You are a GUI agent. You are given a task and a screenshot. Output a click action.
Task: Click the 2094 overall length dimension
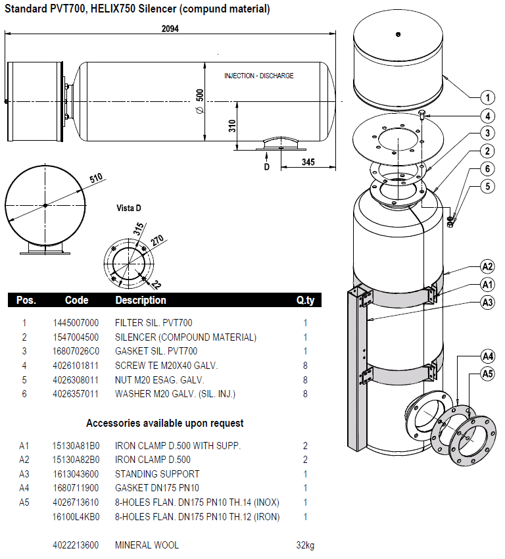pos(170,29)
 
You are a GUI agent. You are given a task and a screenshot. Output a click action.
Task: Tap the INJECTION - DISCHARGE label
pos(259,76)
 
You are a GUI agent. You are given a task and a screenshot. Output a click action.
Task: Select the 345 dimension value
pos(308,161)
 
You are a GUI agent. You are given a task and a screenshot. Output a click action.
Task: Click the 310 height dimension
pos(232,126)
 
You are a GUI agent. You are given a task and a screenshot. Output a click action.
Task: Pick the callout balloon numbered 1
pos(487,98)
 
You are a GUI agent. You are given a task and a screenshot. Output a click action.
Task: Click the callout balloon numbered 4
pos(487,116)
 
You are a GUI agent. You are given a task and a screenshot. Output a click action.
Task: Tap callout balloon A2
pos(487,266)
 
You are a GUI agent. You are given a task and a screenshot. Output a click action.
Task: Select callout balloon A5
pos(487,374)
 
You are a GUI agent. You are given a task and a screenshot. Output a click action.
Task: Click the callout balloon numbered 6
pos(487,169)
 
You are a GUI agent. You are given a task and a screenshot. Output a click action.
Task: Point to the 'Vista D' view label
pos(129,208)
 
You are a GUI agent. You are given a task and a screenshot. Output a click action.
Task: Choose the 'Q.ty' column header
pos(305,301)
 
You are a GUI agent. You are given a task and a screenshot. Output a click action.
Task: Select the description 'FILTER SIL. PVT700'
pos(154,323)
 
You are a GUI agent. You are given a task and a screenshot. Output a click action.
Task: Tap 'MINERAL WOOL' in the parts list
pos(147,545)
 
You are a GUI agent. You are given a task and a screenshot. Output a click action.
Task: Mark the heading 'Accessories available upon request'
pos(165,423)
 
